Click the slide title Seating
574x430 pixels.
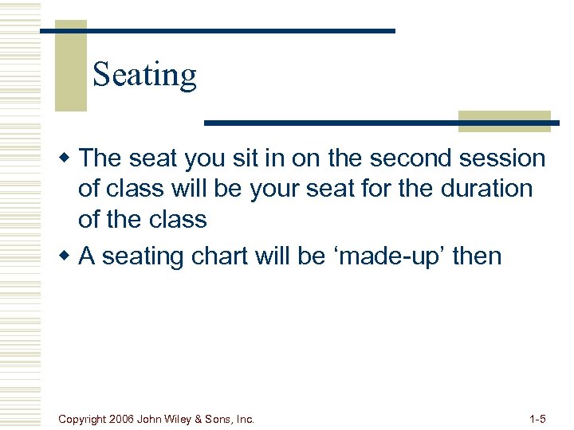[x=144, y=75]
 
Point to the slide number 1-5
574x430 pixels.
[x=537, y=419]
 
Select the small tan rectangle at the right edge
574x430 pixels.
[x=505, y=121]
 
